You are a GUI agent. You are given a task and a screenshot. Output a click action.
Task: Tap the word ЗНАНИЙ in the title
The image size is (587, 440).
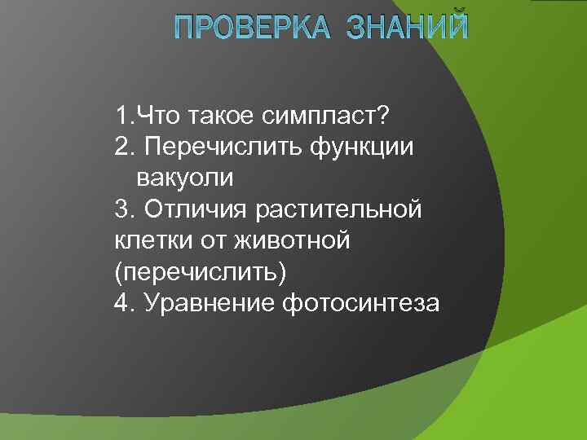tap(408, 28)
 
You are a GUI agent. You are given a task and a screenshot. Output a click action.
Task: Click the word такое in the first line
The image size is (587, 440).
tap(217, 116)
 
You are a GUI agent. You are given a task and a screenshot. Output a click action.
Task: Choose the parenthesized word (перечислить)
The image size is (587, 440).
tap(201, 272)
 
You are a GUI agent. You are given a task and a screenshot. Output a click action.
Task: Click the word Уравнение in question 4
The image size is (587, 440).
tap(209, 303)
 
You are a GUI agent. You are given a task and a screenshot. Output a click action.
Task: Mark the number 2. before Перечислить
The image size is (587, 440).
tap(124, 147)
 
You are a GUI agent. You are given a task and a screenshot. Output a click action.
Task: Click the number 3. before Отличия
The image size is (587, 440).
tap(124, 209)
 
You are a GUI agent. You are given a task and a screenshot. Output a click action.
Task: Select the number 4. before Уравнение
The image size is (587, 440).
tap(124, 303)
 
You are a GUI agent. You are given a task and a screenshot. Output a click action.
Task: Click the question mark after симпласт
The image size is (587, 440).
tap(383, 116)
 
